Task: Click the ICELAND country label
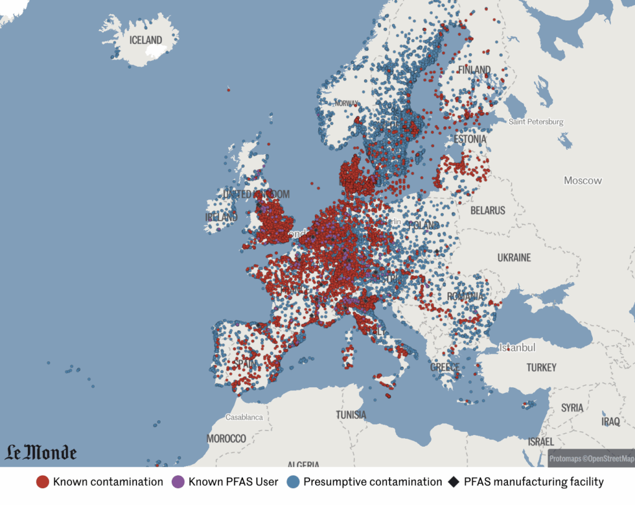(x=146, y=40)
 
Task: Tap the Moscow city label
(x=582, y=180)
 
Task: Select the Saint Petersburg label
(x=536, y=122)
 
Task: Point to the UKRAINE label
(x=514, y=257)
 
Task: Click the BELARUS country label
(x=487, y=211)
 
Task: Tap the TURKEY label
(x=541, y=367)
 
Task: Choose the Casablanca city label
(x=244, y=417)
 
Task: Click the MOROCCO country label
(x=226, y=439)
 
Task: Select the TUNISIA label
(x=351, y=415)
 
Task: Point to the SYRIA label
(x=572, y=408)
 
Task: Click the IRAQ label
(x=610, y=421)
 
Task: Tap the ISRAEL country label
(x=541, y=442)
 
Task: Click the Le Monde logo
(x=41, y=453)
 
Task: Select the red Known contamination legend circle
(x=43, y=482)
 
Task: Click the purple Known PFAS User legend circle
(x=178, y=482)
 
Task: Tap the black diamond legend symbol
(x=453, y=482)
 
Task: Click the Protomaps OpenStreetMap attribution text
(x=591, y=459)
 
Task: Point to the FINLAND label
(x=474, y=70)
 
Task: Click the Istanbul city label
(x=518, y=348)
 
